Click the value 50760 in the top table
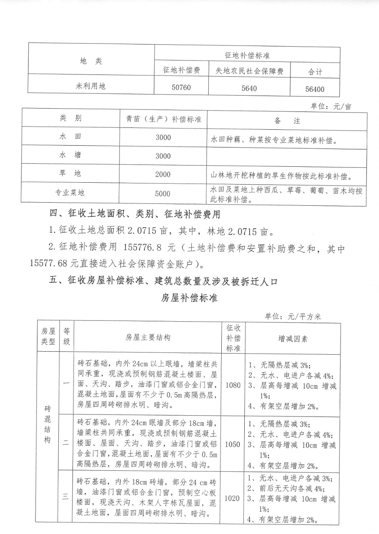click(x=181, y=88)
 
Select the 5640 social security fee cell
click(x=249, y=89)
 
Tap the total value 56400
click(x=315, y=89)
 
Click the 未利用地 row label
click(x=91, y=86)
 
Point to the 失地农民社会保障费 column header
click(x=249, y=71)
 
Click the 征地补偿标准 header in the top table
click(x=247, y=56)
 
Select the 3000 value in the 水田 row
click(x=163, y=137)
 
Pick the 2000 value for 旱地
click(x=163, y=175)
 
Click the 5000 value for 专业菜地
click(x=163, y=194)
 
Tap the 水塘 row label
click(x=70, y=155)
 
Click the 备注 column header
click(x=287, y=121)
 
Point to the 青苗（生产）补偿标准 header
click(x=163, y=119)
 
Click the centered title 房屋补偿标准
click(x=189, y=298)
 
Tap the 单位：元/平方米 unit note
click(x=293, y=317)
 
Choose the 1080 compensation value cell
click(x=233, y=385)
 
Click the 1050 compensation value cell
click(x=232, y=444)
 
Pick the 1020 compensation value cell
click(x=232, y=498)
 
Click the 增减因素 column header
click(x=293, y=339)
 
